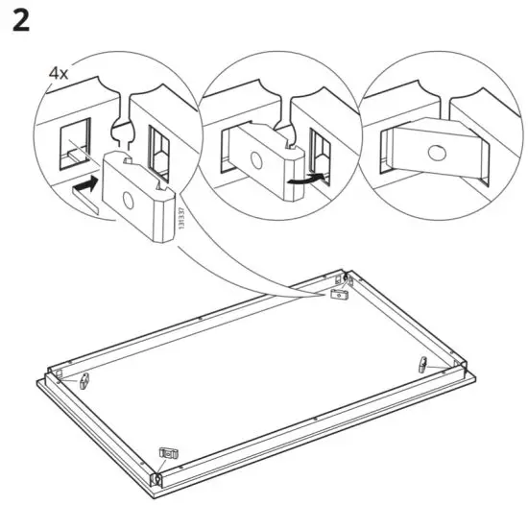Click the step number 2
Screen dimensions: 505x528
coord(21,21)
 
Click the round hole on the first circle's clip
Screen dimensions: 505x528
coord(128,200)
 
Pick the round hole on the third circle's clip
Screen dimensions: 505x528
coord(438,152)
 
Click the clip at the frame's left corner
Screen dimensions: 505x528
coord(84,380)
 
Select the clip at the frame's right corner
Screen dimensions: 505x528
coord(423,364)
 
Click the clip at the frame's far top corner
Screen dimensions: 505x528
coord(338,296)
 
